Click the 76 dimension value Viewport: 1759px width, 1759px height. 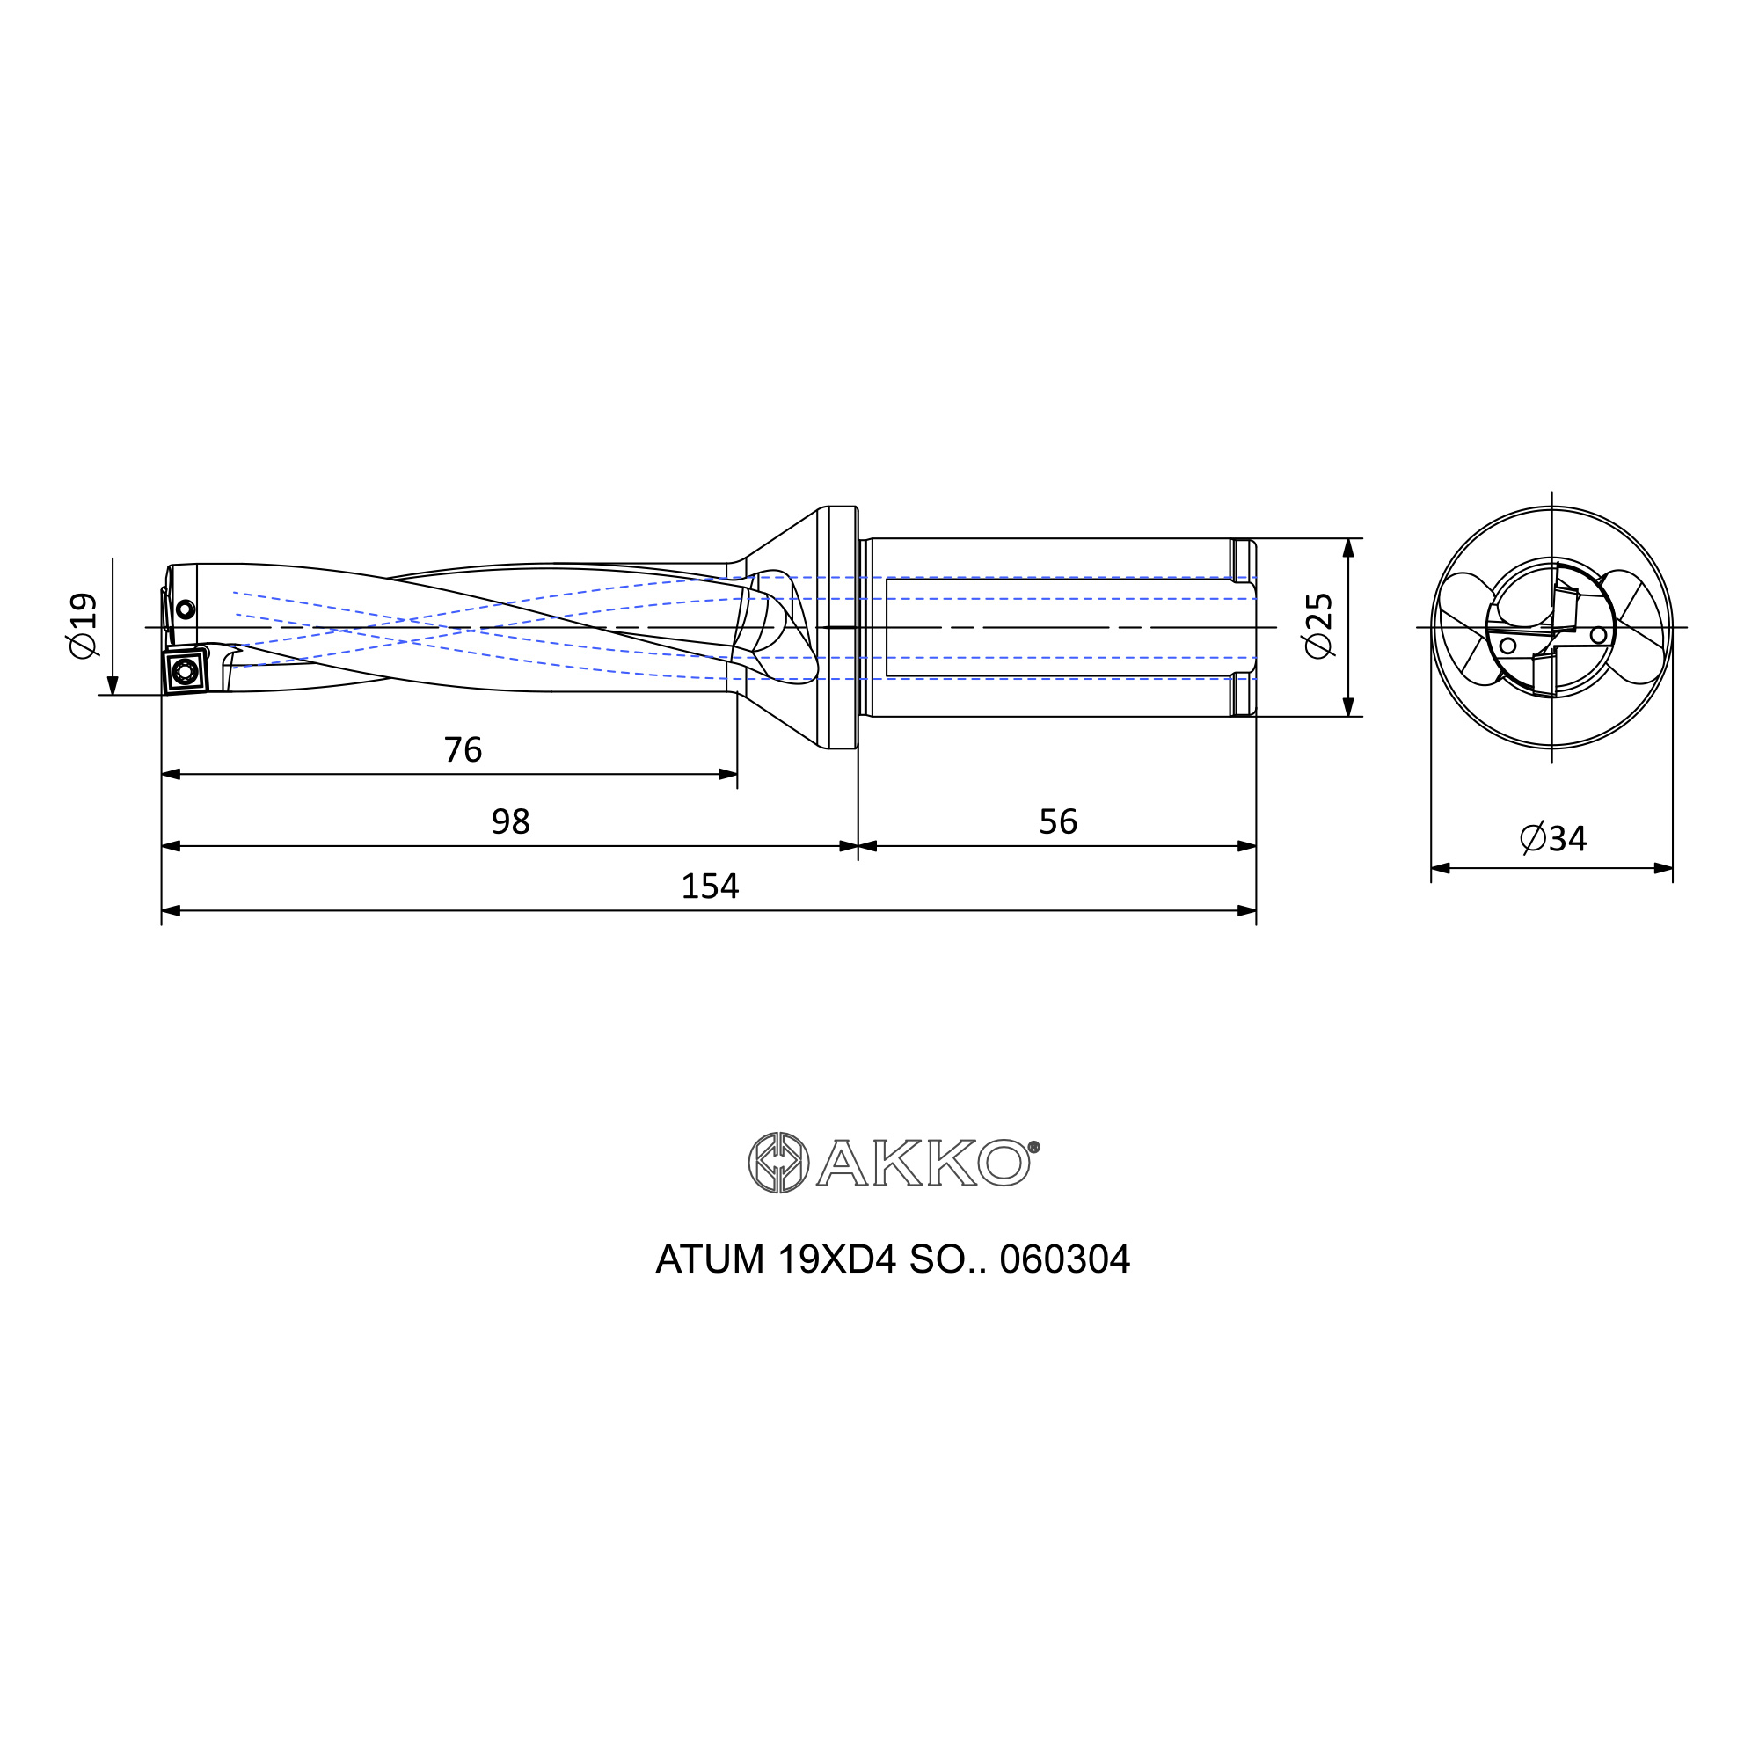[463, 750]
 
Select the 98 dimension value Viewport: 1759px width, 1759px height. [511, 822]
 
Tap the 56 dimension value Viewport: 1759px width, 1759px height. [1058, 822]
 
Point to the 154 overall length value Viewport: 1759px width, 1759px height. [710, 886]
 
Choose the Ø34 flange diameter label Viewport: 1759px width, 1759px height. [1553, 838]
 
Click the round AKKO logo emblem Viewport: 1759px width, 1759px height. [778, 1163]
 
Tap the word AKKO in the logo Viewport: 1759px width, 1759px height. [923, 1163]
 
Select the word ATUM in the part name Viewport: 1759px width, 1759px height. [710, 1260]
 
